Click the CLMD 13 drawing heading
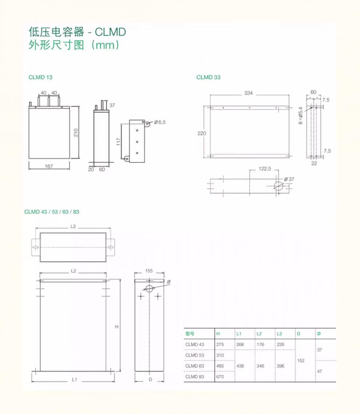40,77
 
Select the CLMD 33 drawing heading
208,77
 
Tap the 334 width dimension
248,93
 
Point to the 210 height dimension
76,132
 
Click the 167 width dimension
49,166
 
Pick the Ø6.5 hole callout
160,122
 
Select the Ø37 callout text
289,179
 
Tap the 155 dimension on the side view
149,271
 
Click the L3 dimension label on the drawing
73,226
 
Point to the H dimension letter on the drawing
117,327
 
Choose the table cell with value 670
220,377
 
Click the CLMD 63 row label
195,366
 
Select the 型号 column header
190,334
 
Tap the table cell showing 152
300,361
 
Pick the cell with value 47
319,371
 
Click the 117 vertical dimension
118,141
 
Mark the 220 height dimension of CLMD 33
201,133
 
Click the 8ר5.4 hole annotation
300,116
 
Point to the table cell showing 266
240,344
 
